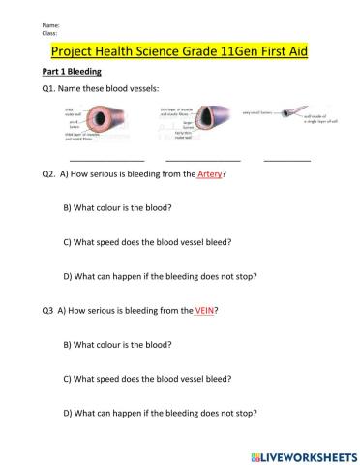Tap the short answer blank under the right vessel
286,158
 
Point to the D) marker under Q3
67,413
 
